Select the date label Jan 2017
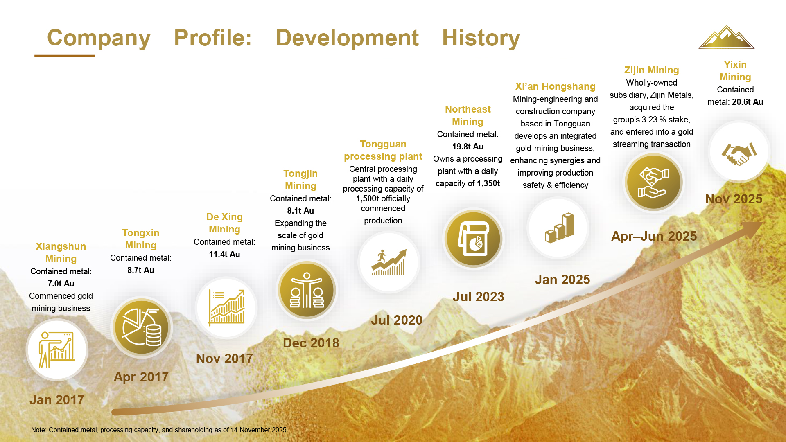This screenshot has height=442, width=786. pos(57,400)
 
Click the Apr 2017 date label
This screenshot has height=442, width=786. pos(141,377)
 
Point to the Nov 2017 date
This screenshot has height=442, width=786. pos(224,359)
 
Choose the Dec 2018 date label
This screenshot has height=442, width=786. pos(311,343)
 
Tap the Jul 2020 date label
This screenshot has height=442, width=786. pos(396,320)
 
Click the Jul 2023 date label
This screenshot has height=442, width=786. pos(478,297)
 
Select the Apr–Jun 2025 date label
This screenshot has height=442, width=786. pos(654,236)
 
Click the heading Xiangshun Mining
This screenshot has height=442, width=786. pos(61,253)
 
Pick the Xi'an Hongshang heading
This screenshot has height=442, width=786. pos(555,86)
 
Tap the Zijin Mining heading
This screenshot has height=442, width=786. pos(651,70)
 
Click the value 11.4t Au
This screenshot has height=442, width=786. pos(224,254)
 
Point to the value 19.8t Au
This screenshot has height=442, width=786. pos(468,147)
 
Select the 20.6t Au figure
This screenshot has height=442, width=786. pos(748,102)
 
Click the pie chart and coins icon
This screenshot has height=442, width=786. pos(142,327)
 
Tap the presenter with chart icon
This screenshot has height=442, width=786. pos(57,350)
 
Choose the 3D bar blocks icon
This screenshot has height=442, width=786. pos(559,228)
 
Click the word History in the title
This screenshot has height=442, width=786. pos(481,38)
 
